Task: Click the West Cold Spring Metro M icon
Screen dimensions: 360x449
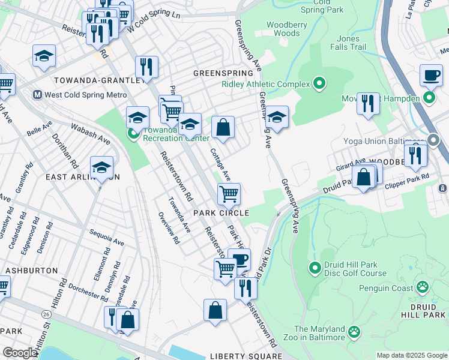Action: coord(37,95)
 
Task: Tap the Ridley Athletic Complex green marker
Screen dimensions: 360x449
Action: coord(319,83)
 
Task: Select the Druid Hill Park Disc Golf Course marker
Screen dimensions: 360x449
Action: coord(314,266)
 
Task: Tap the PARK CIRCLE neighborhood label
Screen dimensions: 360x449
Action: coord(221,213)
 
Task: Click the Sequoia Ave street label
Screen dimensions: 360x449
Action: coord(106,238)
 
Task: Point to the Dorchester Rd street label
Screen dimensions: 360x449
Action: coord(88,287)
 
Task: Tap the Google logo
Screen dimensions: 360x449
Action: coord(20,353)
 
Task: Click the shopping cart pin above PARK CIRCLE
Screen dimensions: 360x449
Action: coord(229,194)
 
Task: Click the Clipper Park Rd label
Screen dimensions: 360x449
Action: coord(408,177)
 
